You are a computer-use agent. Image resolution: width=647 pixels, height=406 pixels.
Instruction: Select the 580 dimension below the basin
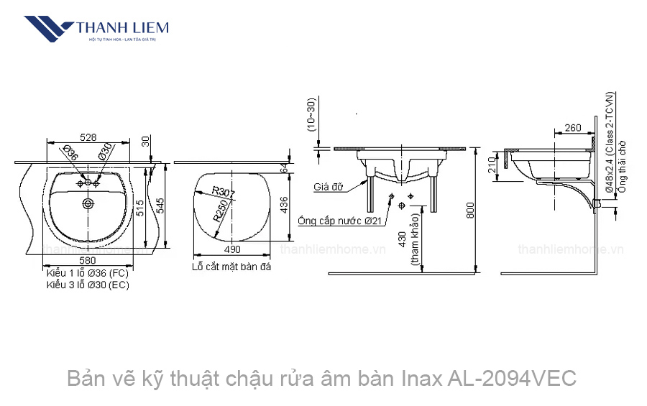[x=88, y=260]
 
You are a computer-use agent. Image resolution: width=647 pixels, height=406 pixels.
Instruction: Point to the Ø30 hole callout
[x=105, y=152]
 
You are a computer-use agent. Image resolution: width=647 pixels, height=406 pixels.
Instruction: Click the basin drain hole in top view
[x=88, y=204]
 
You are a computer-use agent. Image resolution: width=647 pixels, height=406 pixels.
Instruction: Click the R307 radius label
[x=224, y=193]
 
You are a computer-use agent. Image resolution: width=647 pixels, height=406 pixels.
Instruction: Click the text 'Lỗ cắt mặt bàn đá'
[x=231, y=267]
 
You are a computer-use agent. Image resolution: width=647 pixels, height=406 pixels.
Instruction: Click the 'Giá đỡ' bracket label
[x=327, y=187]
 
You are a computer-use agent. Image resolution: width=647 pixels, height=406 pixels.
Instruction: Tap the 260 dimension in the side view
[x=573, y=128]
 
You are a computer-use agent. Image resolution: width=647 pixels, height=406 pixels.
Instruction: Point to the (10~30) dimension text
[x=311, y=114]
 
